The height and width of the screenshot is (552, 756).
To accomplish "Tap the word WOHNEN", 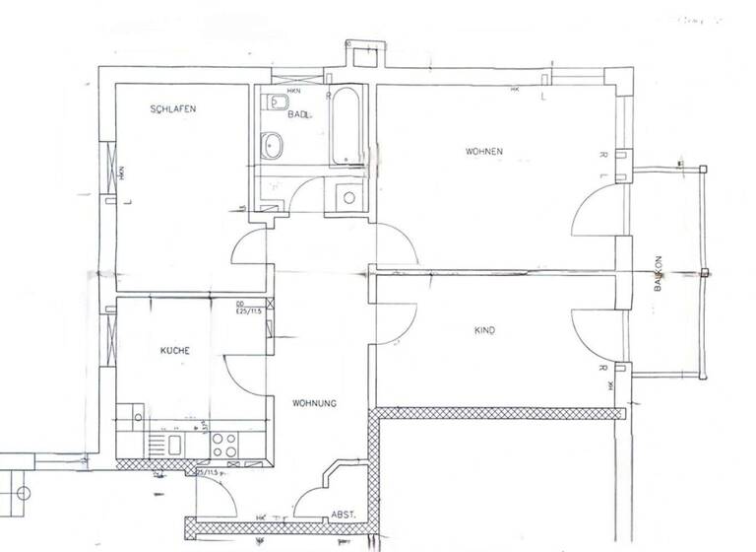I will [484, 151].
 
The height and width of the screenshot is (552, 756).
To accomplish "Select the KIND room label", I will [484, 331].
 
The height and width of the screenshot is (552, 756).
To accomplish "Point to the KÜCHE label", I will [175, 351].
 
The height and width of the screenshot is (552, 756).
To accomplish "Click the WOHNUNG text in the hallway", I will [315, 403].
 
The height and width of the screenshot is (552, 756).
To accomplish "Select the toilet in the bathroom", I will [276, 104].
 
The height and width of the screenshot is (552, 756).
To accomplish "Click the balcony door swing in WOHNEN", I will [594, 212].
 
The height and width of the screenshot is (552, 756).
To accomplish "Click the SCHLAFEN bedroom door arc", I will [249, 251].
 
